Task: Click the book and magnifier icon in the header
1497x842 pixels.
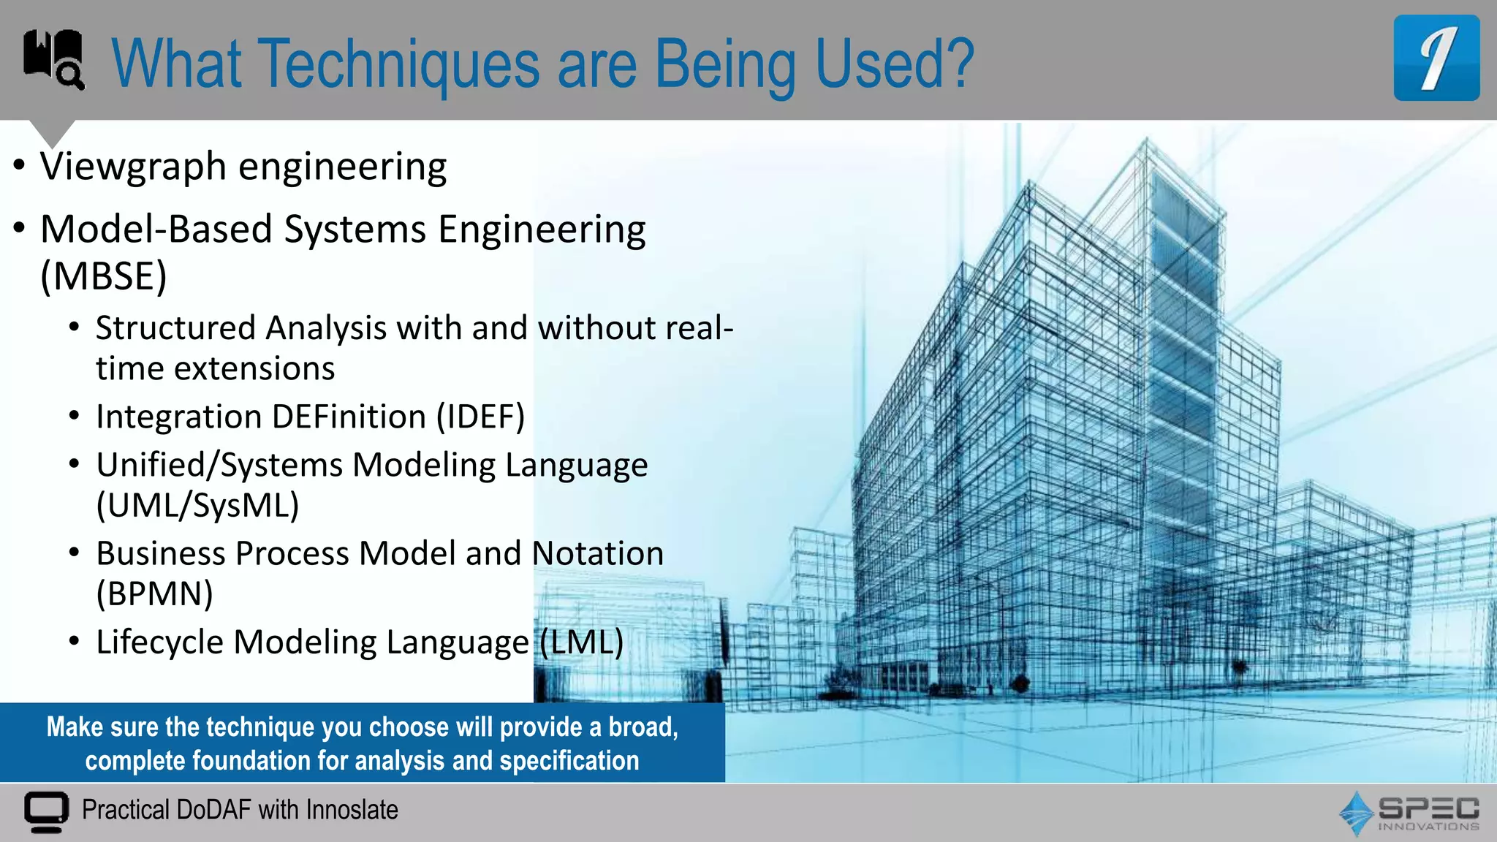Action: click(x=53, y=58)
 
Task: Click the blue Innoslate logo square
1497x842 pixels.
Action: click(x=1436, y=58)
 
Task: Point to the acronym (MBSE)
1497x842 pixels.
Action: click(x=104, y=276)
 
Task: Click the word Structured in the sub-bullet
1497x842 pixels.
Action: click(x=175, y=328)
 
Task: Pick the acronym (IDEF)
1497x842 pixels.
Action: click(x=480, y=417)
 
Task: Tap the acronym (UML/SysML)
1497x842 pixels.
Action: click(x=197, y=506)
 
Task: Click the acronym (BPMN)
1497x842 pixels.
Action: click(x=154, y=594)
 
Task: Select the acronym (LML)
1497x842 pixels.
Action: click(x=582, y=642)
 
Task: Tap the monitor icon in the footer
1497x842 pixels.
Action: click(x=46, y=811)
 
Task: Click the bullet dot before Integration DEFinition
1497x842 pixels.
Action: click(x=74, y=417)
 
